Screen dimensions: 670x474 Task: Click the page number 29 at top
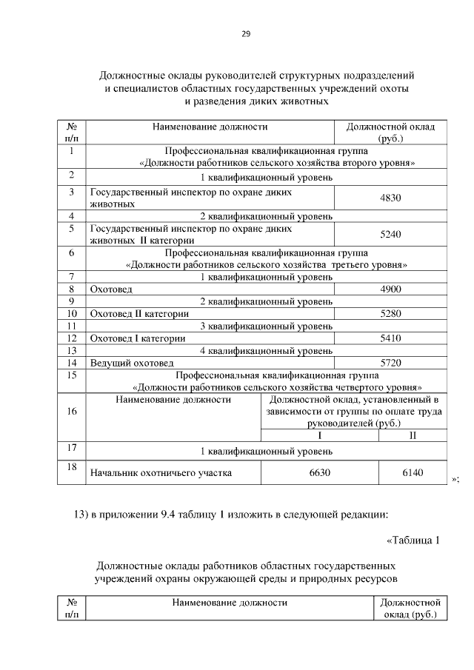pyautogui.click(x=245, y=33)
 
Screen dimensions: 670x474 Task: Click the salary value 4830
pyautogui.click(x=390, y=198)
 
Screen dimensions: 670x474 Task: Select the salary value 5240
pyautogui.click(x=390, y=235)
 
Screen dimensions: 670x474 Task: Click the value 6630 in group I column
pyautogui.click(x=319, y=472)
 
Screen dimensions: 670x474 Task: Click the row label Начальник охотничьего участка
pyautogui.click(x=161, y=472)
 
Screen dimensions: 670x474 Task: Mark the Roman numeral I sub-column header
pyautogui.click(x=319, y=435)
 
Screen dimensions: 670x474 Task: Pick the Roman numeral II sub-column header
pyautogui.click(x=413, y=435)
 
